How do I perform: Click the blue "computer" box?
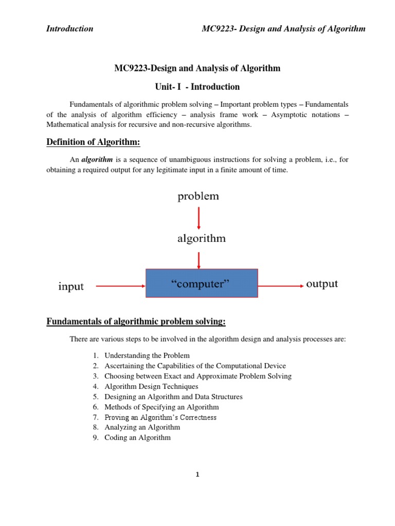pyautogui.click(x=202, y=283)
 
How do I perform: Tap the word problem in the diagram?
pyautogui.click(x=198, y=196)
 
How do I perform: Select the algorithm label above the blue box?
pyautogui.click(x=201, y=238)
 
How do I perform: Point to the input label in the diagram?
pyautogui.click(x=71, y=286)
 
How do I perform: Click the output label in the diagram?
pyautogui.click(x=322, y=284)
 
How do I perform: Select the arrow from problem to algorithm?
pyautogui.click(x=199, y=217)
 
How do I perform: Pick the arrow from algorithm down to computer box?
pyautogui.click(x=199, y=259)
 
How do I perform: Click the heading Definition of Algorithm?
pyautogui.click(x=93, y=142)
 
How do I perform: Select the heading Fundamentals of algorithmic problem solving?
pyautogui.click(x=136, y=322)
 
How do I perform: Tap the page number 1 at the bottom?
pyautogui.click(x=197, y=474)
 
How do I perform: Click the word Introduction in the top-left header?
pyautogui.click(x=70, y=29)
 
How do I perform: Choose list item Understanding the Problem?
pyautogui.click(x=147, y=355)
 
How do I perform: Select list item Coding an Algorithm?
pyautogui.click(x=137, y=438)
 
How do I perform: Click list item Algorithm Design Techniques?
pyautogui.click(x=151, y=386)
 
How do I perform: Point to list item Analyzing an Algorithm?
pyautogui.click(x=142, y=427)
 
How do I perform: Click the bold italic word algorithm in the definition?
pyautogui.click(x=97, y=160)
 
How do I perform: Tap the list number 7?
pyautogui.click(x=96, y=417)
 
